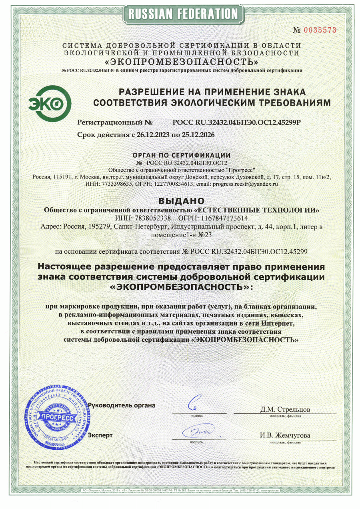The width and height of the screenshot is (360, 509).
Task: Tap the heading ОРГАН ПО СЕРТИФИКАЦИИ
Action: (x=182, y=155)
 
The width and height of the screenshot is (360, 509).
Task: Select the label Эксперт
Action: (x=100, y=435)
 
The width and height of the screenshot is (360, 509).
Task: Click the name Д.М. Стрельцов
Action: (x=285, y=410)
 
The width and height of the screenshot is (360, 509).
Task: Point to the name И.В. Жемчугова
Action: (x=285, y=435)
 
